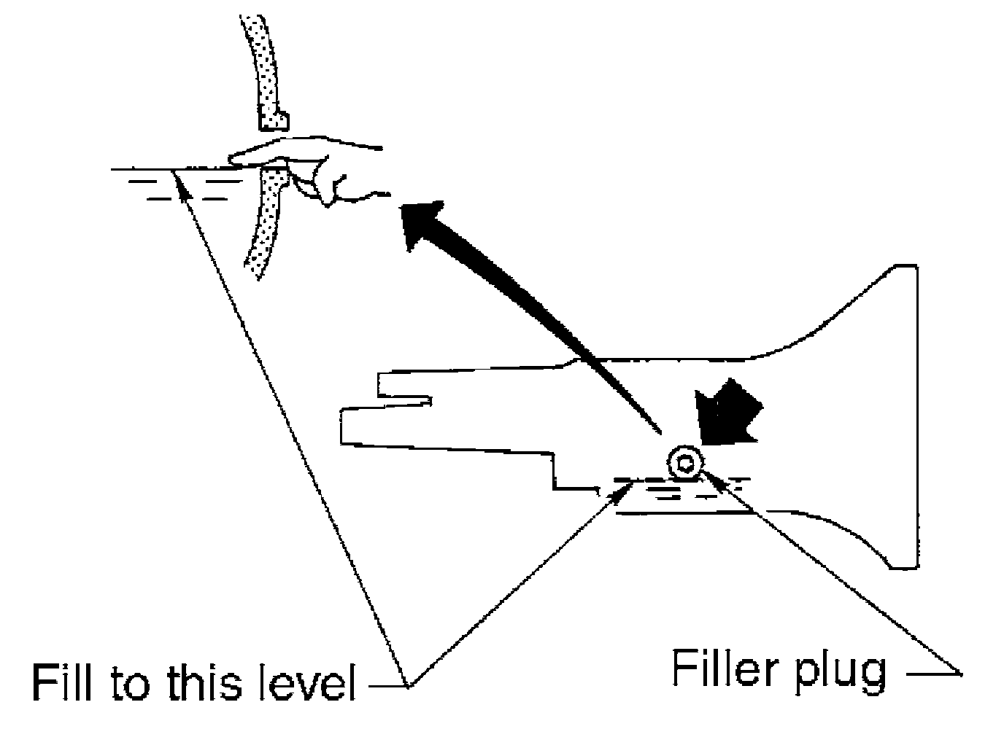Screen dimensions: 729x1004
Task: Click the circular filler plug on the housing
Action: click(684, 461)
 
